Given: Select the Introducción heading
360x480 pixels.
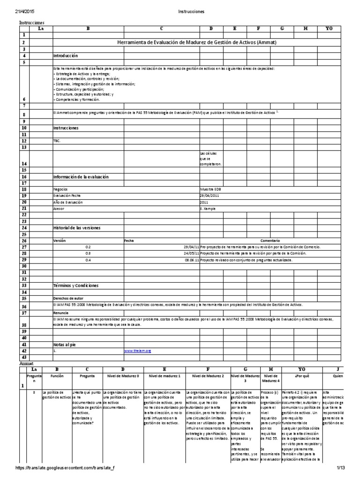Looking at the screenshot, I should tap(65, 55).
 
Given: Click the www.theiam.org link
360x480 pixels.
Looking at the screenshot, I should tap(137, 351).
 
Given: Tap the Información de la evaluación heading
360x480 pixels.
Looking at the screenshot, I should tap(81, 177).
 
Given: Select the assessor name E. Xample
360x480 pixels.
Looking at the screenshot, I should tap(208, 208).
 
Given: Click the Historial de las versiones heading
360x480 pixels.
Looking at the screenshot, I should tap(77, 228).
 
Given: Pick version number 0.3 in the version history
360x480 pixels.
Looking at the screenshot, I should tap(88, 253).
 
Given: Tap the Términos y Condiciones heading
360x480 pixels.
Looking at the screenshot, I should tap(75, 285).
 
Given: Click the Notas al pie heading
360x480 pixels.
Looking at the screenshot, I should tap(64, 344).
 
